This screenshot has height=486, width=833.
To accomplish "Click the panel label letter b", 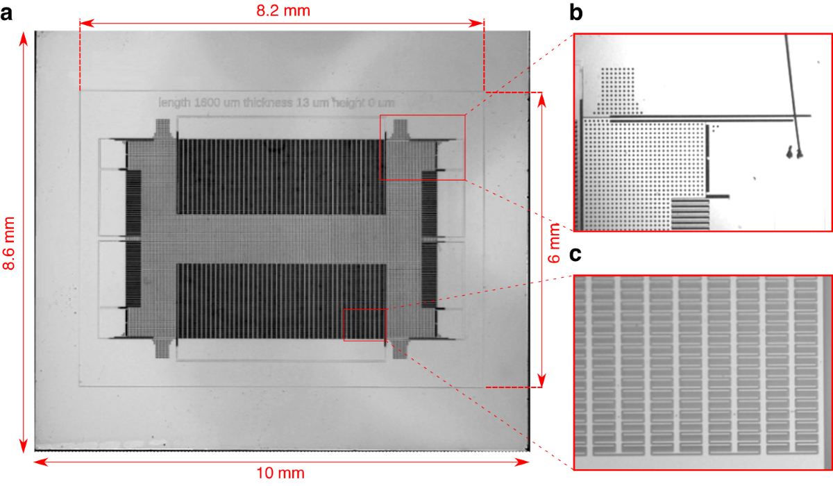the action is (576, 12).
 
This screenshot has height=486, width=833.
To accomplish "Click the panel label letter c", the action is (575, 255).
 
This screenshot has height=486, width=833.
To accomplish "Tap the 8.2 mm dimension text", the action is (283, 10).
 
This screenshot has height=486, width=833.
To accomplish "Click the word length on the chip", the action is (174, 103).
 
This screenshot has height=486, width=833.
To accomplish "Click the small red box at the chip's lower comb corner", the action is (364, 325).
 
